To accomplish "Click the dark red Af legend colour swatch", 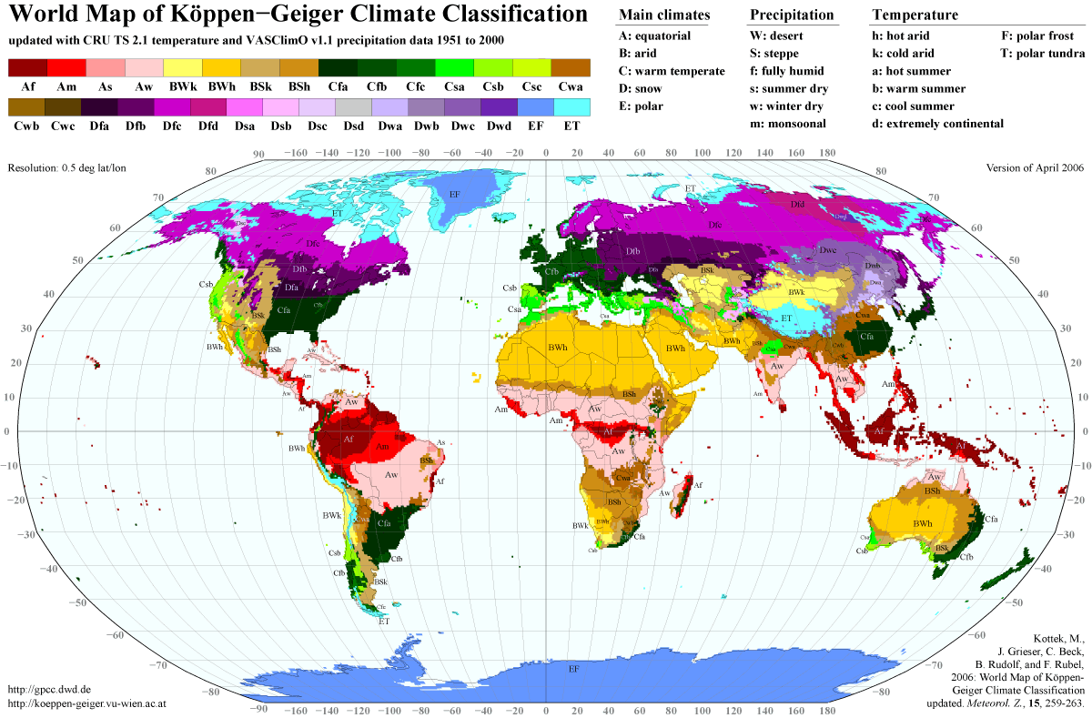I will [x=26, y=67].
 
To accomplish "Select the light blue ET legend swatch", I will [x=571, y=106].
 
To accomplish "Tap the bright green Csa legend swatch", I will [x=454, y=67].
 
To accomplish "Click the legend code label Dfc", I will [x=171, y=126].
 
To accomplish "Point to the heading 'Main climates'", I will [x=663, y=15].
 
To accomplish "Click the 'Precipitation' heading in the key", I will [x=792, y=15].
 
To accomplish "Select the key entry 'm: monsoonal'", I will [x=788, y=123].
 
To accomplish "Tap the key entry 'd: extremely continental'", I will [x=937, y=123].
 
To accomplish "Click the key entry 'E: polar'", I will [x=641, y=106].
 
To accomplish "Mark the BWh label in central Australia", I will [x=923, y=523].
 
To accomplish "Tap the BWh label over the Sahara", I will [x=558, y=348].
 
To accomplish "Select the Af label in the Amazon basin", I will [x=348, y=439].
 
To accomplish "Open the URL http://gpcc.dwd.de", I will [x=47, y=690].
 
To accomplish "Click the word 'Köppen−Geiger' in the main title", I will [x=241, y=15].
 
